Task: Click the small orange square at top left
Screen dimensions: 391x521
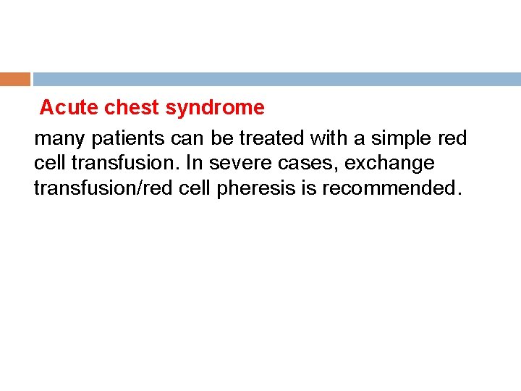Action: (14, 79)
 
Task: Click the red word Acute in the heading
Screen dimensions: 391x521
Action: (69, 108)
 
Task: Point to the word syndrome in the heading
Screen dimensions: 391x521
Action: (215, 109)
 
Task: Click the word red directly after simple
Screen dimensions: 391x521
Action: (452, 138)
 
